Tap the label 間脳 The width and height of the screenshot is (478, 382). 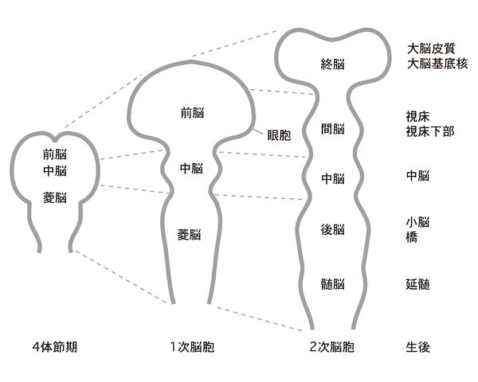click(331, 128)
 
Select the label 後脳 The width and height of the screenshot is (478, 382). click(331, 230)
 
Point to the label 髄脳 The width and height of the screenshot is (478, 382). click(331, 284)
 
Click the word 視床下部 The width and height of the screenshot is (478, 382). click(429, 131)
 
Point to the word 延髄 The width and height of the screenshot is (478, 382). click(417, 284)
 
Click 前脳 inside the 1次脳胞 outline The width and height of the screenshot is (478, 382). click(192, 113)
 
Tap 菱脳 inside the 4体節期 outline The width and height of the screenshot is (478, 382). click(54, 197)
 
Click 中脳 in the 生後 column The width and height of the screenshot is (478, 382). click(417, 173)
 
